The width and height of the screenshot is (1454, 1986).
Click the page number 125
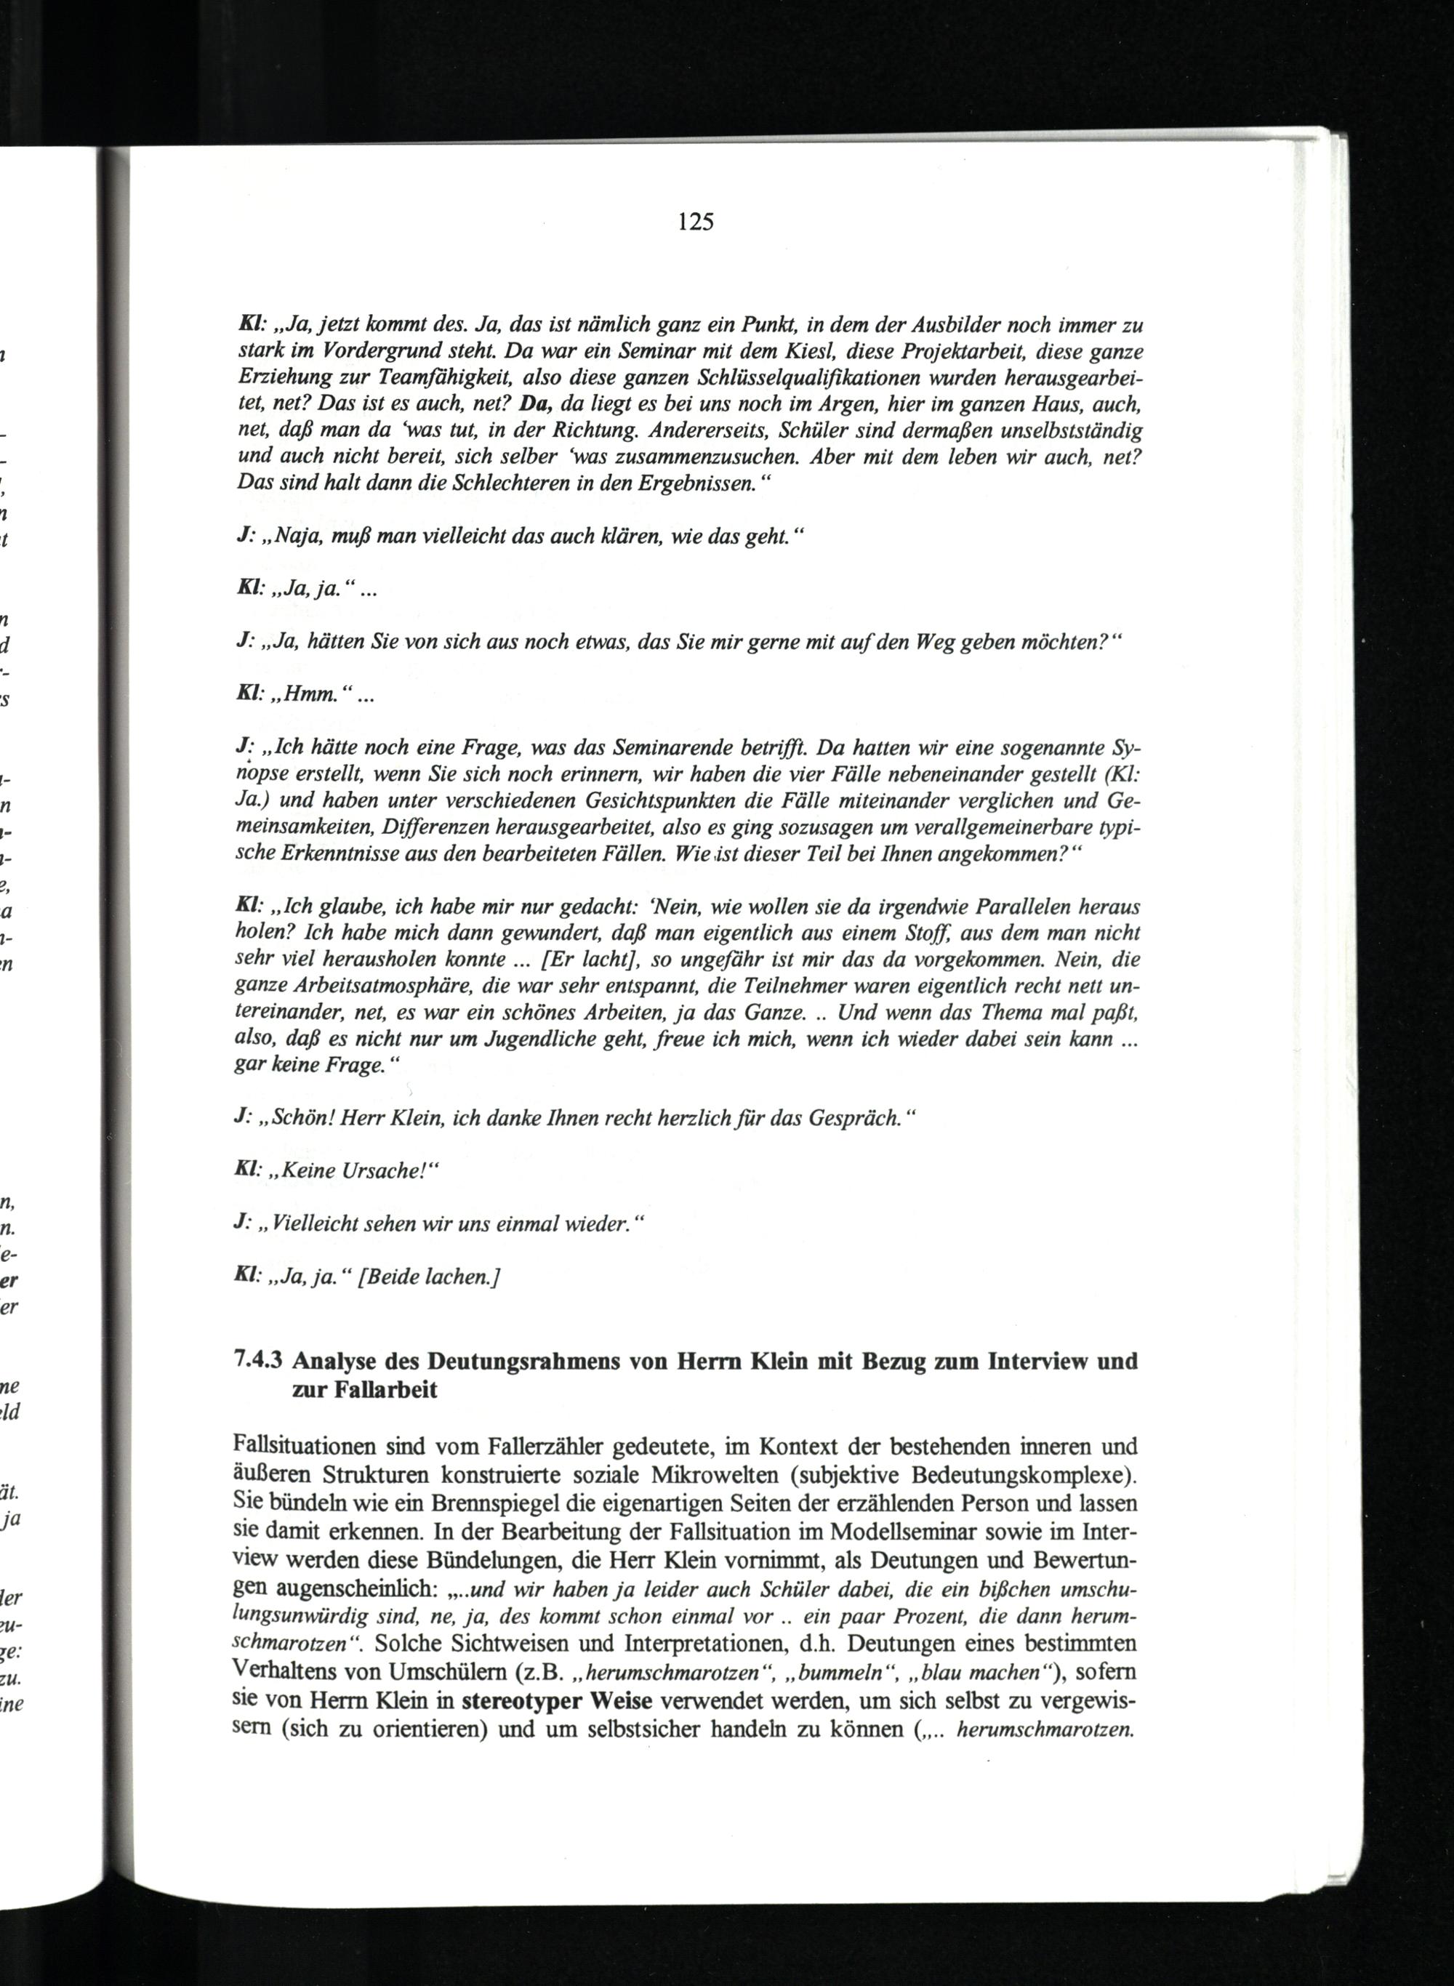695,222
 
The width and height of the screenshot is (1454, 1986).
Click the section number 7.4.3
259,1362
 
